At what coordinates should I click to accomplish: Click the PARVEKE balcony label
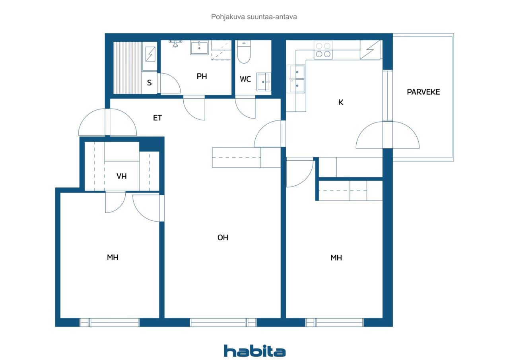424,92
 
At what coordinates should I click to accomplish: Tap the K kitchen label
341,102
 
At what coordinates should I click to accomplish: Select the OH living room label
223,237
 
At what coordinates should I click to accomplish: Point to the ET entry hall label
157,118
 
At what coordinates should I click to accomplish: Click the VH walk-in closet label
122,176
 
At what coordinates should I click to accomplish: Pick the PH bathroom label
202,76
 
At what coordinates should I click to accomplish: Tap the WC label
245,79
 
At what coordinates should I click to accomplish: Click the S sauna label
149,82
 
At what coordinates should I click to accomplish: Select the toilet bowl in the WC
244,52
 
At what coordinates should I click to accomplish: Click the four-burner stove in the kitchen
323,50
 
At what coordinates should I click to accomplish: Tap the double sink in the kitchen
295,79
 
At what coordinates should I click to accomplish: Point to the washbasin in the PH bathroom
199,48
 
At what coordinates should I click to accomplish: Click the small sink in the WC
264,82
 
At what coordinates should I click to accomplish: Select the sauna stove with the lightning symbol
150,54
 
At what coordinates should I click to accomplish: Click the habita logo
254,351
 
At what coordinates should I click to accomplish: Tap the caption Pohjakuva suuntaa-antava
254,17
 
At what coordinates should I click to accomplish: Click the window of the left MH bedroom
109,323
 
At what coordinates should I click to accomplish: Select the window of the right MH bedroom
334,323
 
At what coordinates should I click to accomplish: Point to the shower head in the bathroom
175,43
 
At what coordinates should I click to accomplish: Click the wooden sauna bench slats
128,68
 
